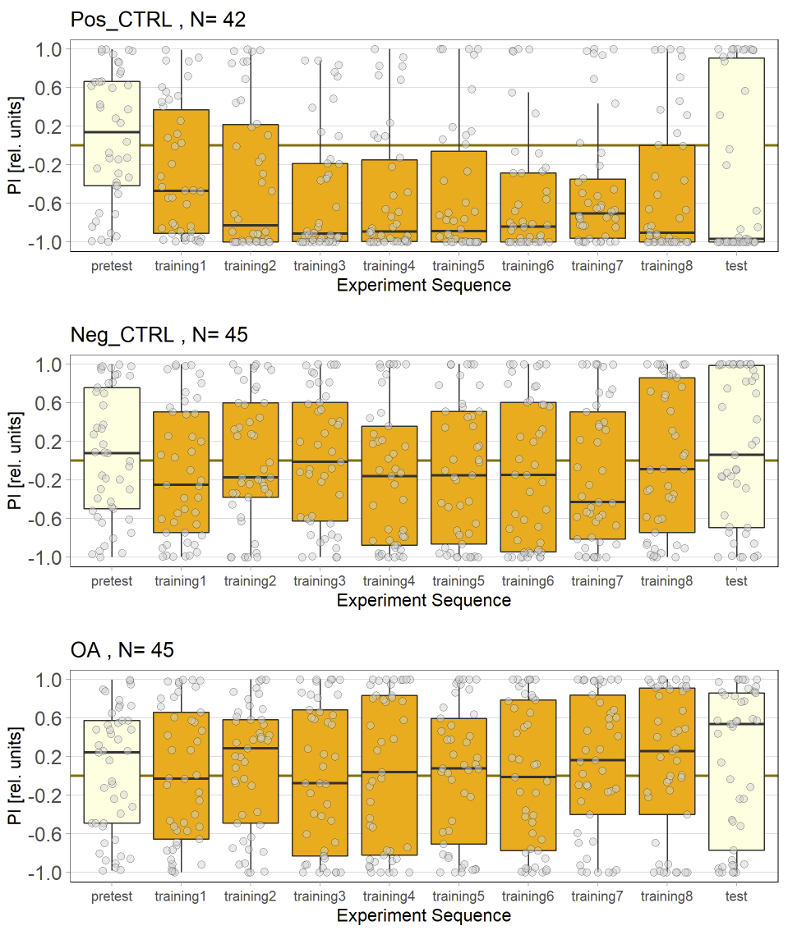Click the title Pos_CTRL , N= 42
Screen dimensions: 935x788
[158, 20]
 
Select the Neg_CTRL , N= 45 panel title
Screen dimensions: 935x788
[159, 335]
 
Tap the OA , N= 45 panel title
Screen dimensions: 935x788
[122, 650]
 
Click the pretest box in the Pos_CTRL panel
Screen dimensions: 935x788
[112, 133]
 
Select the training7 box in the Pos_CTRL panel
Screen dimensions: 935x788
[597, 209]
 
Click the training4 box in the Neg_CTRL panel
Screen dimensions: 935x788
[389, 485]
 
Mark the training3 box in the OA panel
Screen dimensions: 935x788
[320, 782]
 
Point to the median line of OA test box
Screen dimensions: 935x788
[736, 724]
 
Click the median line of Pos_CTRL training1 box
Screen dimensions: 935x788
[181, 190]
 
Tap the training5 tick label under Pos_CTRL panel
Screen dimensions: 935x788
[459, 266]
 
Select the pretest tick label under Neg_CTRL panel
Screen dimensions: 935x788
[112, 581]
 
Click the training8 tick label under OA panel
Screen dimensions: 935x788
[666, 896]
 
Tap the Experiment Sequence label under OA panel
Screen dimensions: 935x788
[423, 915]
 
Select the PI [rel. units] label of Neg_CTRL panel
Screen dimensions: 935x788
[15, 461]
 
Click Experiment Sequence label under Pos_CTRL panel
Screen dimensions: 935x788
[423, 285]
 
